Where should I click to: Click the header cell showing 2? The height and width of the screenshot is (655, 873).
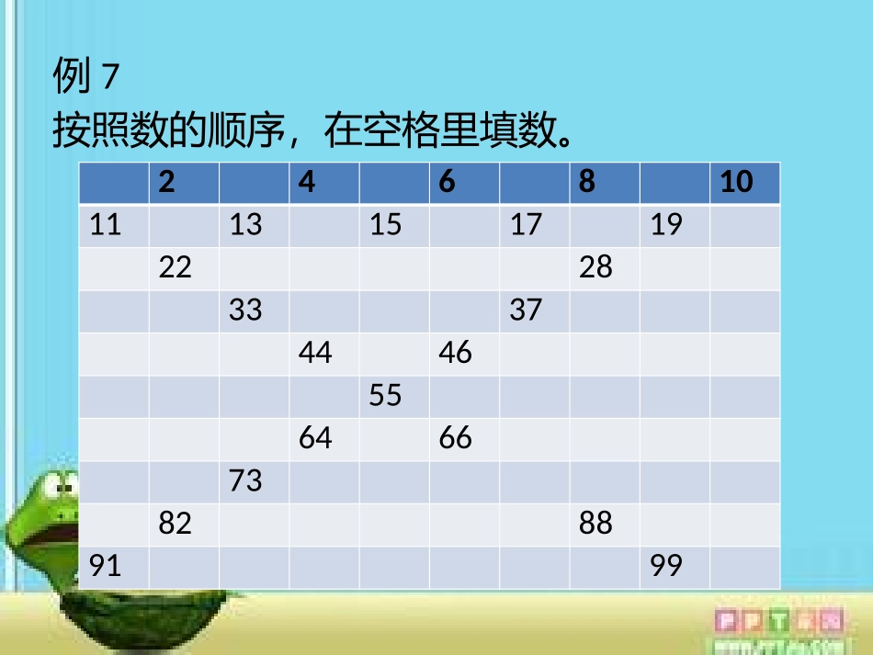[x=184, y=182]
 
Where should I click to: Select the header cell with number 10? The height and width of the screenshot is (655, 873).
[x=744, y=182]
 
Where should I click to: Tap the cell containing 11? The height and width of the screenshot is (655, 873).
[x=114, y=225]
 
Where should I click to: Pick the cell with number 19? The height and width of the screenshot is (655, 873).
[x=675, y=225]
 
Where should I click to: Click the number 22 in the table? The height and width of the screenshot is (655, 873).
[x=184, y=268]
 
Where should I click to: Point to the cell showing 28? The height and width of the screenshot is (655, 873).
[x=605, y=268]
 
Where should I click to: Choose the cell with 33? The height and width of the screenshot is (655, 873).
[x=254, y=311]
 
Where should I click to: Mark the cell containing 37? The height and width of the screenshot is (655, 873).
[x=534, y=311]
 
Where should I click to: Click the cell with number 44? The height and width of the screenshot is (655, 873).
[x=324, y=353]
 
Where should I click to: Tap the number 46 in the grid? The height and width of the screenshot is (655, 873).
[x=464, y=353]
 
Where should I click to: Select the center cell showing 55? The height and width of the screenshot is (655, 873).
[x=394, y=396]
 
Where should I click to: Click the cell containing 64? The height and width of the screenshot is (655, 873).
[x=324, y=438]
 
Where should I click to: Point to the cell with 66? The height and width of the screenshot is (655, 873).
[x=464, y=438]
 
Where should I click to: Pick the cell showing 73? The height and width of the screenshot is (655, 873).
[x=254, y=480]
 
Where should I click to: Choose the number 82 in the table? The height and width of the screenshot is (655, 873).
[x=184, y=524]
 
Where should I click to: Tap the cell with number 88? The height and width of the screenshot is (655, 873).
[x=605, y=524]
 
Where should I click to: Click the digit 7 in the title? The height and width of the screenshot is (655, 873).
[x=110, y=79]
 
